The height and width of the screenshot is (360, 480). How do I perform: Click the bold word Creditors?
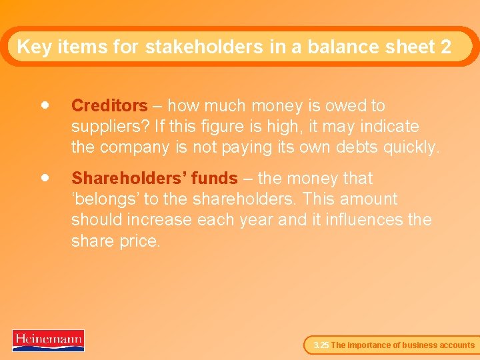point(109,106)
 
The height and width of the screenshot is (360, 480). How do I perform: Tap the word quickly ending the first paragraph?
point(413,147)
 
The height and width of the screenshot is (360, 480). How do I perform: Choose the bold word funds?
point(215,179)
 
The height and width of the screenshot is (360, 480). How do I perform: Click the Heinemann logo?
point(48,340)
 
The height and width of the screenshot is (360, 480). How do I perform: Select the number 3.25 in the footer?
point(321,345)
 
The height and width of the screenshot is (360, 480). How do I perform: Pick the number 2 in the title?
point(445,47)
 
